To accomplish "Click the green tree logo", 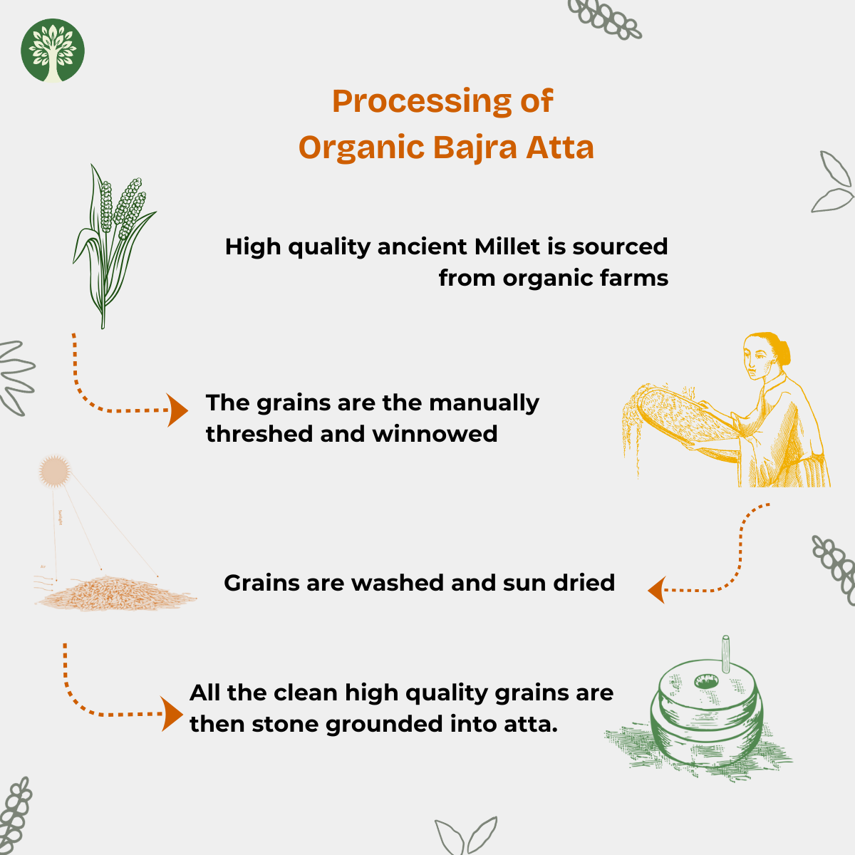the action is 53,51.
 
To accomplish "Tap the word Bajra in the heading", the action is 475,147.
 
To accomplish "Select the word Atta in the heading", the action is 560,147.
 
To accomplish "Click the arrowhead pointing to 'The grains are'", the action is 177,410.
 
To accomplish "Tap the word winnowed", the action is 435,434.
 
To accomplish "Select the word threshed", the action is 259,434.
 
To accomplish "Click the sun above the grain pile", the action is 55,471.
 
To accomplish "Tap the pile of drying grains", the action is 116,594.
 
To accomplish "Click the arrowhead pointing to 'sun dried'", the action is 657,590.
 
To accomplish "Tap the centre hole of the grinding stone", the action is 706,680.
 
